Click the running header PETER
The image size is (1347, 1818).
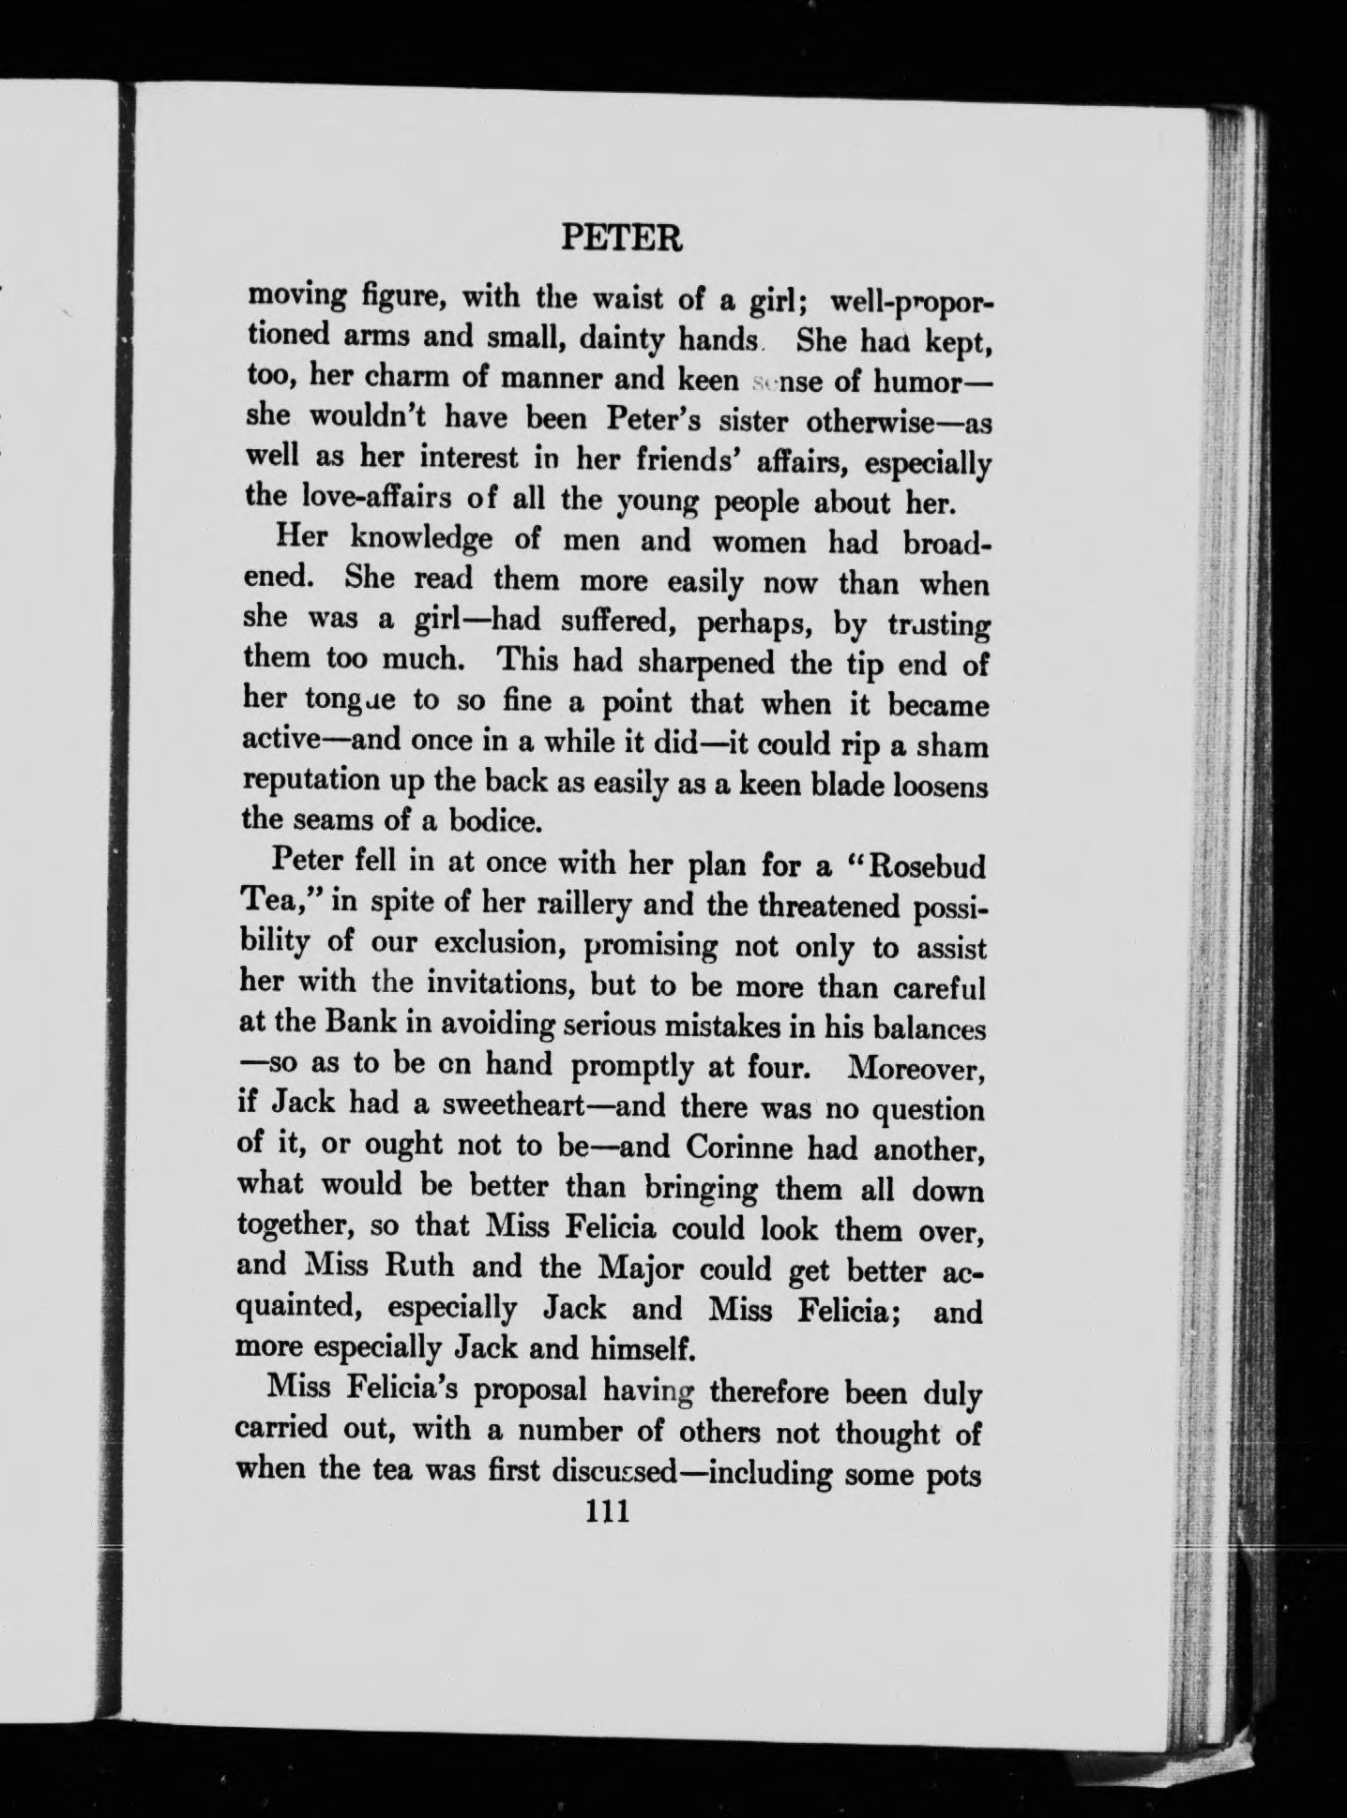(621, 239)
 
